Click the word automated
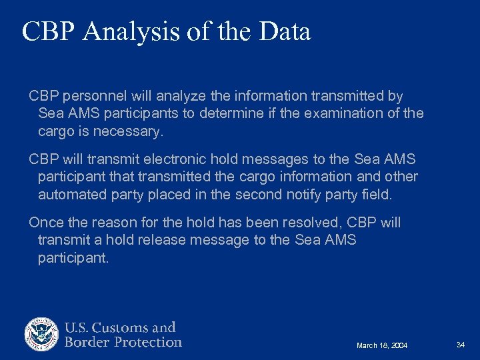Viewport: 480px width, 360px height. (x=71, y=195)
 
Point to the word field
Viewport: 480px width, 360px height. (x=378, y=195)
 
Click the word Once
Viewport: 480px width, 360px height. (x=45, y=223)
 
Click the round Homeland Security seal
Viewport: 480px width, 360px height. (x=42, y=335)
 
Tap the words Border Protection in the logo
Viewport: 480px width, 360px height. (x=123, y=343)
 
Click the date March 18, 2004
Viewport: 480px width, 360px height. (x=382, y=345)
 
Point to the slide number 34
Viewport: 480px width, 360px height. (x=460, y=344)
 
